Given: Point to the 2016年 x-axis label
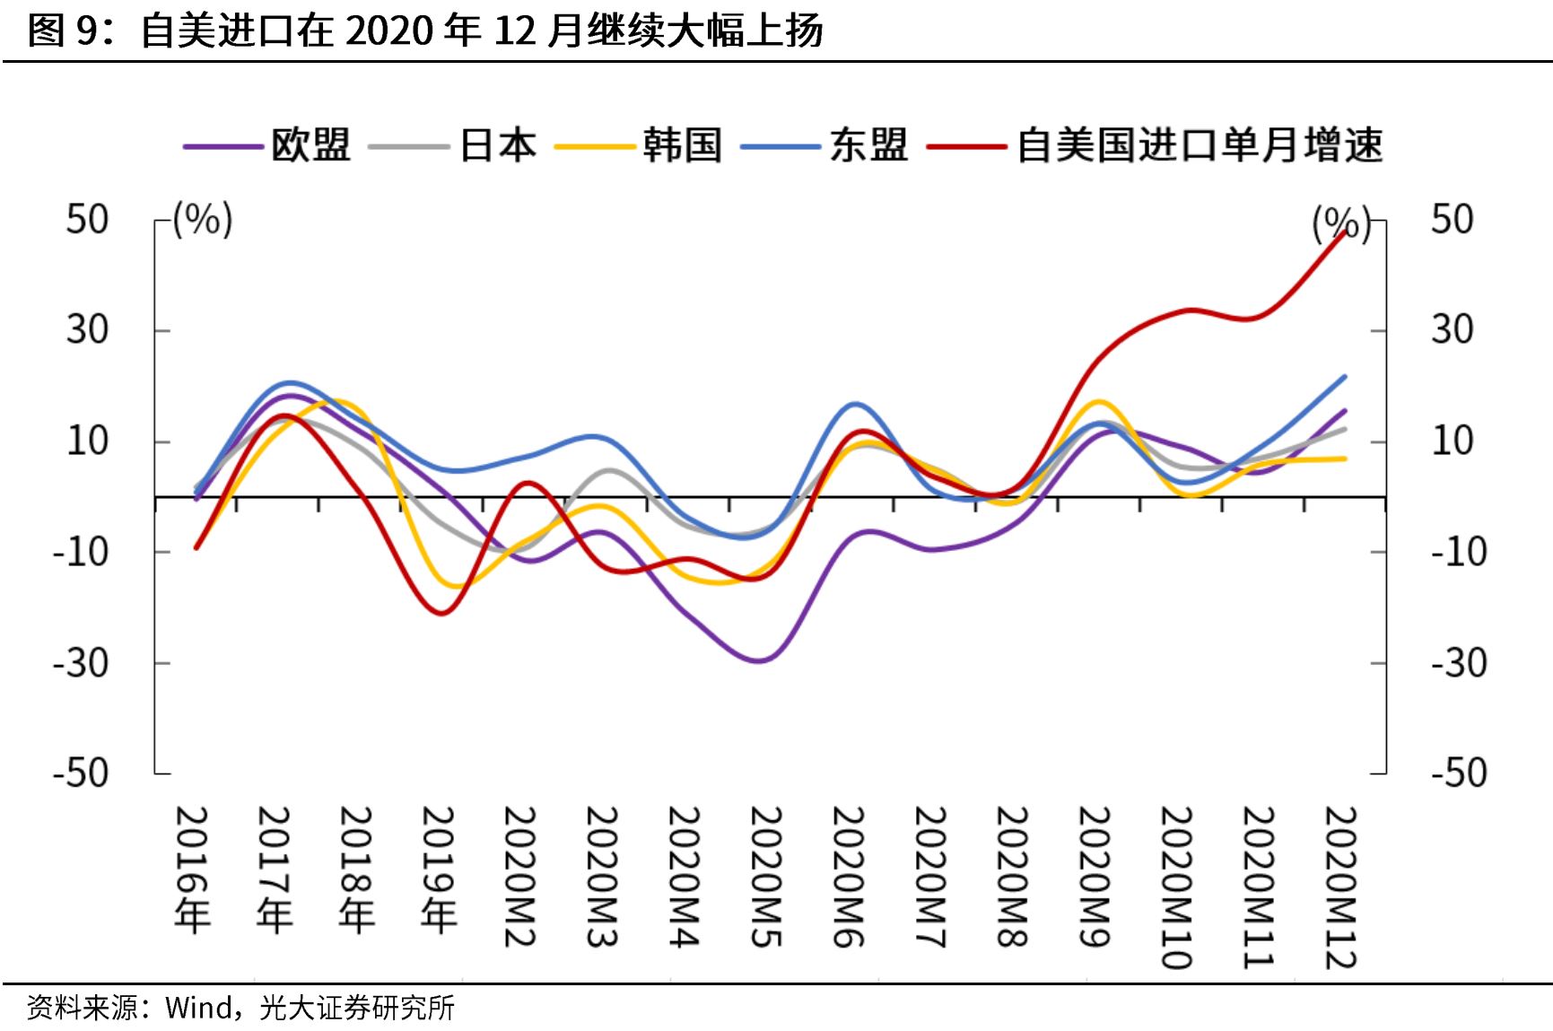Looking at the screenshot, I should click(x=192, y=869).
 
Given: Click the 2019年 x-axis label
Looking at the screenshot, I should click(x=439, y=869).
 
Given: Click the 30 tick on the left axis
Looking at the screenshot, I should click(x=87, y=330).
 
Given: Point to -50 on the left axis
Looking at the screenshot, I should click(x=80, y=773).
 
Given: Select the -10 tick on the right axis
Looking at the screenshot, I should click(x=1459, y=551).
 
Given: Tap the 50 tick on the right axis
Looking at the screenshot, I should click(x=1452, y=220).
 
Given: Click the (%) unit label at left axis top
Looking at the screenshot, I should click(x=203, y=220).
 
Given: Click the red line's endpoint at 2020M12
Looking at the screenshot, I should click(x=1344, y=232).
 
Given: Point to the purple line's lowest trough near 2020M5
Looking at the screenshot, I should click(x=759, y=661).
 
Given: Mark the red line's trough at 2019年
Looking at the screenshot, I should click(x=441, y=613).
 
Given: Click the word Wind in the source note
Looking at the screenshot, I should click(x=199, y=1008).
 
